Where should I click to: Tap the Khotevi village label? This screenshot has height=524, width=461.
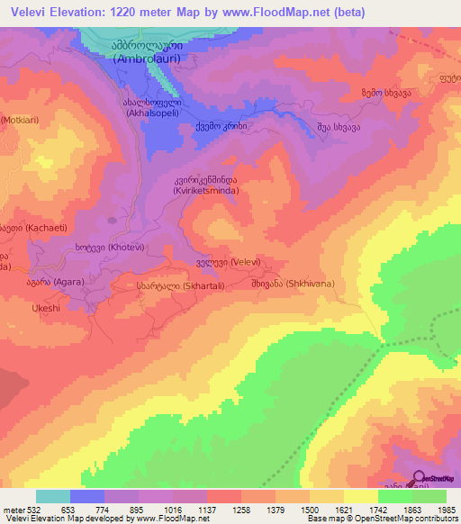coord(107,247)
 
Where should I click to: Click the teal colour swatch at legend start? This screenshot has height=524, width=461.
coord(53,496)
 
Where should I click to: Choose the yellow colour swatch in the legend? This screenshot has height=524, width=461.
coord(360,496)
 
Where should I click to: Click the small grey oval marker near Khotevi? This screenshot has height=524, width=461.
coord(112,218)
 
